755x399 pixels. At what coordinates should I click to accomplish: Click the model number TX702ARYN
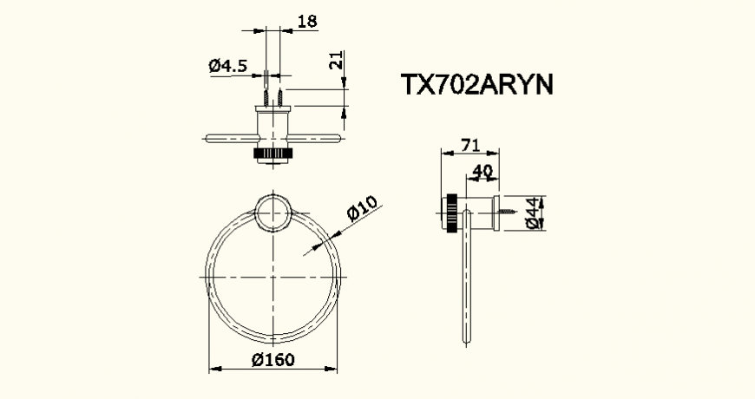coord(476,85)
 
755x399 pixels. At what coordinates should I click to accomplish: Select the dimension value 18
coord(306,21)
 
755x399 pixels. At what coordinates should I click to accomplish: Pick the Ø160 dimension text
coord(273,359)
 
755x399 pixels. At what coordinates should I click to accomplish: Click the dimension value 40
coord(483,171)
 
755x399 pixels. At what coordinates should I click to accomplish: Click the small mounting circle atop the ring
coord(273,213)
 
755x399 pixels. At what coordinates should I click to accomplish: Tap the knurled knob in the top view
coord(273,154)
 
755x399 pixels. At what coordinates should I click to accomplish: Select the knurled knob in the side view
coord(451,213)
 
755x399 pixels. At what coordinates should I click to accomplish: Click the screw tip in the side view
coord(520,213)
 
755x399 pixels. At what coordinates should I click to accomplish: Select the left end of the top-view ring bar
coord(207,136)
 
